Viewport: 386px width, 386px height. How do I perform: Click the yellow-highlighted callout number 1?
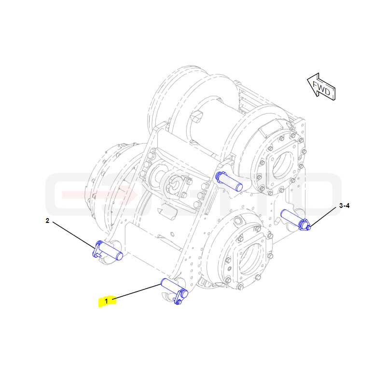tap(107, 301)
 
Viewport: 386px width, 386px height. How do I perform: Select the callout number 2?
tap(47, 221)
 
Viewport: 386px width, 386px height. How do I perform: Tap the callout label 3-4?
tap(344, 206)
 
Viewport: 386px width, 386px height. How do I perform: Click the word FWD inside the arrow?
tap(321, 88)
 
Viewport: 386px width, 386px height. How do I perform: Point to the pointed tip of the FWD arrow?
tap(307, 79)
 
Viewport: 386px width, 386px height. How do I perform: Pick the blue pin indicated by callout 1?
tap(174, 291)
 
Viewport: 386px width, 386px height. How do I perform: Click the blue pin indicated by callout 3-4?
tap(295, 219)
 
